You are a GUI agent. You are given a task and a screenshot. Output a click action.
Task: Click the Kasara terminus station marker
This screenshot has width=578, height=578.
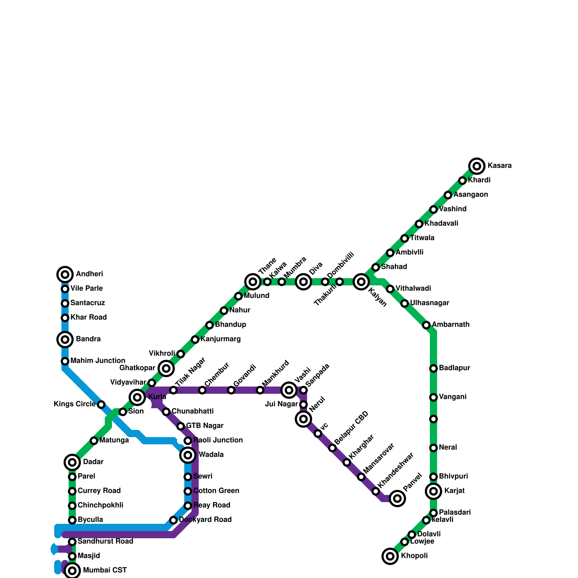(477, 166)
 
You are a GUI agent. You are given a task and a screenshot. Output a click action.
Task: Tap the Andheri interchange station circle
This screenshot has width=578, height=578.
(65, 275)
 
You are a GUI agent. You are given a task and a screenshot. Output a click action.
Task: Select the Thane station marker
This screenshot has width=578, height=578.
(253, 282)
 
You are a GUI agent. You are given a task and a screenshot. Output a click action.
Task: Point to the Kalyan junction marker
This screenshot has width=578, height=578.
(361, 282)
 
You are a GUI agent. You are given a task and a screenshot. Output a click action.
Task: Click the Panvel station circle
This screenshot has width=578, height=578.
(397, 499)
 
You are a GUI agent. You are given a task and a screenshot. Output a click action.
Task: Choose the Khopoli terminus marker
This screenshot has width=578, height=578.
(390, 556)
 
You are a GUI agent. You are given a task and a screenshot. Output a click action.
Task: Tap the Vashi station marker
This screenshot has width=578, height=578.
(289, 390)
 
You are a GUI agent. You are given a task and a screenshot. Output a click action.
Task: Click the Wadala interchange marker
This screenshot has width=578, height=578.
(188, 455)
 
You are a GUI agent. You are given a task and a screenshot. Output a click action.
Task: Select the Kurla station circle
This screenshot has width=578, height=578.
(137, 397)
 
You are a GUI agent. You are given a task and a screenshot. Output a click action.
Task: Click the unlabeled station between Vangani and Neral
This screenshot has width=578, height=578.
(433, 419)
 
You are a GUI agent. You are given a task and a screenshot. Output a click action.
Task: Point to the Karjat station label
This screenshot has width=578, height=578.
(454, 491)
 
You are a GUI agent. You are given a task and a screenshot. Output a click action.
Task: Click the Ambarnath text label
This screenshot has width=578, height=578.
(450, 325)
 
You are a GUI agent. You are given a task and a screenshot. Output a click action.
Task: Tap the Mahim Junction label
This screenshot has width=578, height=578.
(98, 361)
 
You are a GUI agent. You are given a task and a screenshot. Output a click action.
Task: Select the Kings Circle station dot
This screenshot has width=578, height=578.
(101, 405)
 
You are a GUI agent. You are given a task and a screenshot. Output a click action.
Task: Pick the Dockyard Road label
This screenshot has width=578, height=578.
(205, 520)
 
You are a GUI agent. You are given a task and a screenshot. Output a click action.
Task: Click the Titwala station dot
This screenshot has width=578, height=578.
(405, 238)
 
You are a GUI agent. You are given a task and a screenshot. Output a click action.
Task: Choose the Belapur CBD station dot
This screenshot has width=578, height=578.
(332, 448)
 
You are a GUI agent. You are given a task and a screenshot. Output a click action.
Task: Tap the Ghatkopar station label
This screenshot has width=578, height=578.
(137, 368)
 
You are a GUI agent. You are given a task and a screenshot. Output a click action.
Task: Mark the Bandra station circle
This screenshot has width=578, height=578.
(65, 340)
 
